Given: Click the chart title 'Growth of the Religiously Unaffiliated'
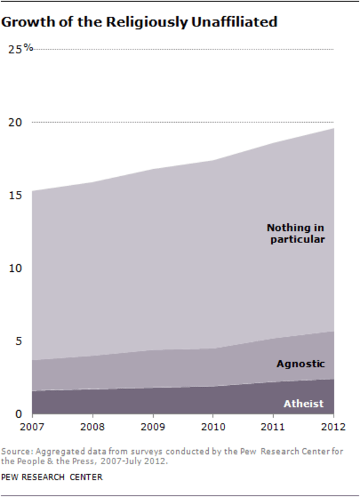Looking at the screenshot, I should coord(139,23).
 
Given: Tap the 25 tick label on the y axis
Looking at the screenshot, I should coord(15,50).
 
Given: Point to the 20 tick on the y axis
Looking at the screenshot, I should coord(15,122).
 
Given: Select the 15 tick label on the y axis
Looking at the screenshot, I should coord(15,195).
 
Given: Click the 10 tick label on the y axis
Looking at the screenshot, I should coord(15,268).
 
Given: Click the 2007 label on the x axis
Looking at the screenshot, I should coord(31,426).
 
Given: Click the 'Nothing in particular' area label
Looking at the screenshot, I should coord(296,233).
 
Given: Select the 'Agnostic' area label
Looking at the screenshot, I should coord(300,364).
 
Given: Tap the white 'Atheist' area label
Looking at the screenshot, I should coord(303,404).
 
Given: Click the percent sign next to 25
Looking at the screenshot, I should coord(28,48).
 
